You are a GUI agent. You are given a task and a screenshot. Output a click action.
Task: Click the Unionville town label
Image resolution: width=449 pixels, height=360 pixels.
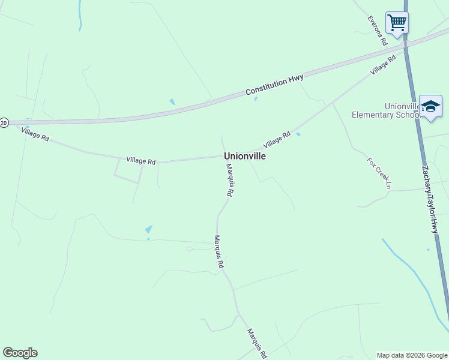245,155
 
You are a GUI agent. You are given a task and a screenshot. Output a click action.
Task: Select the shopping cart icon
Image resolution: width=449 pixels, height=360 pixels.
397,23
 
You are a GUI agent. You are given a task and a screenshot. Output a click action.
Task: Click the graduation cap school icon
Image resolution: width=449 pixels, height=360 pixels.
430,106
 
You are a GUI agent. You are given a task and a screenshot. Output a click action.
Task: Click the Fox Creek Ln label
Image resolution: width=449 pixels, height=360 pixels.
379,173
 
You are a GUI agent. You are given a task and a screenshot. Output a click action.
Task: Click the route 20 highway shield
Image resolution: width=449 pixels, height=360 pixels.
4,123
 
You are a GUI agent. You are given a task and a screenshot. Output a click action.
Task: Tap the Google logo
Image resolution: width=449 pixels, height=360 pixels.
20,353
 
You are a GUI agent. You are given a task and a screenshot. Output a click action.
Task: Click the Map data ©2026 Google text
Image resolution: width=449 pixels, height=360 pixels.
412,355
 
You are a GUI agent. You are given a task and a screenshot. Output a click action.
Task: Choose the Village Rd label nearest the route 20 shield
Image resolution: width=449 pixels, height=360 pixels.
35,134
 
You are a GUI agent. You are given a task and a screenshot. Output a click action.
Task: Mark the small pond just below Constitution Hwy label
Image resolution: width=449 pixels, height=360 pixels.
256,98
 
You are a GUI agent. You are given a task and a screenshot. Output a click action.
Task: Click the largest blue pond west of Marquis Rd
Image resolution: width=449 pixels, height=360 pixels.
148,229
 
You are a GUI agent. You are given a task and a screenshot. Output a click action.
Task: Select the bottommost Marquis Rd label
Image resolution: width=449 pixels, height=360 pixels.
256,343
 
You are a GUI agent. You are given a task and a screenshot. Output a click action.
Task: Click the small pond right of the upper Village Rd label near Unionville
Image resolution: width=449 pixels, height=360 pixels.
298,134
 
